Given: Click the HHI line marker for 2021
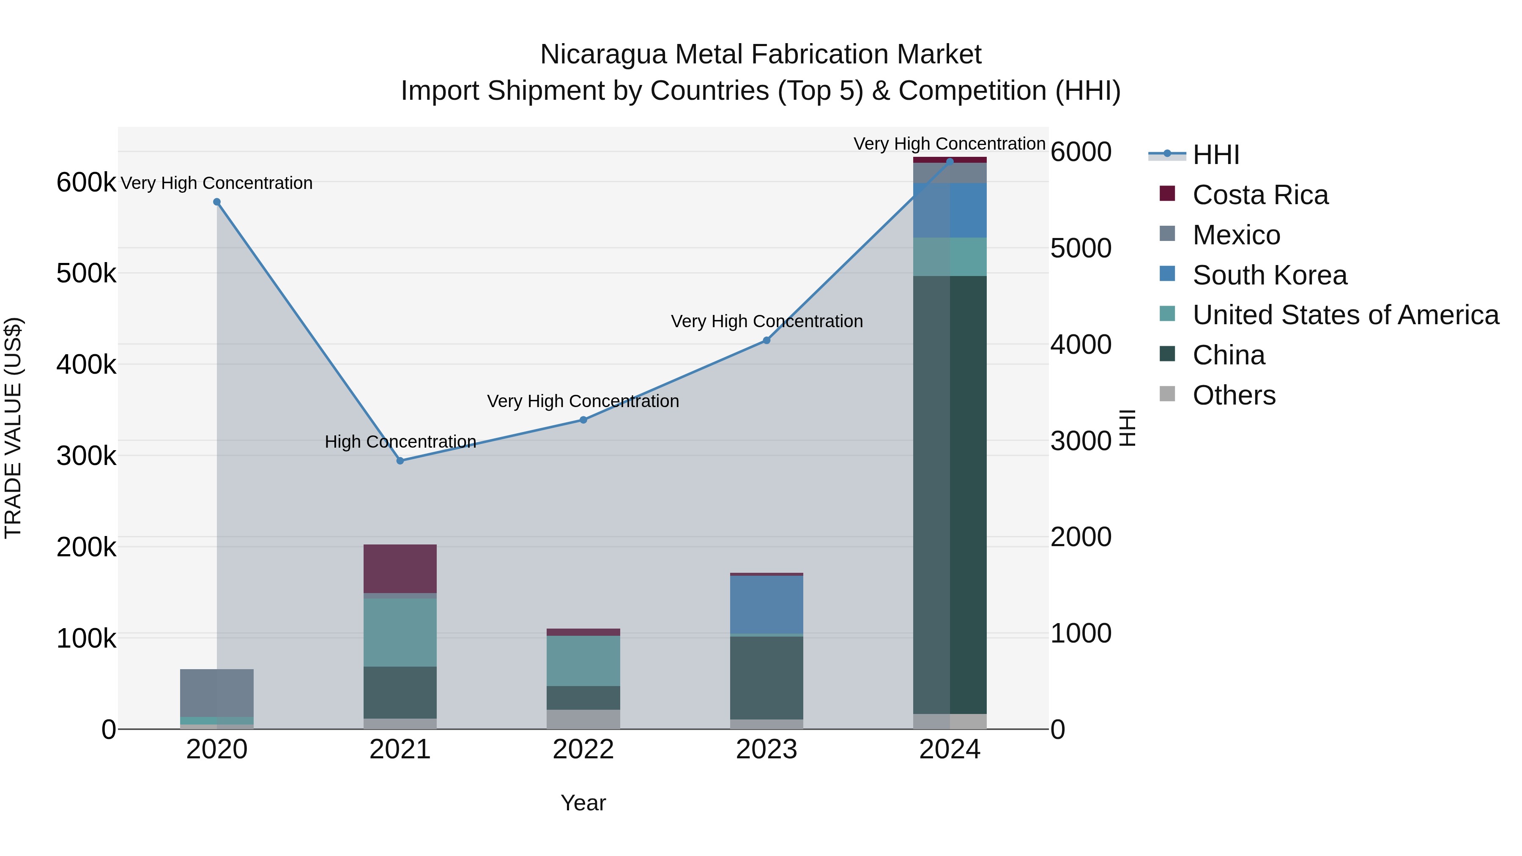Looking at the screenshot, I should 400,461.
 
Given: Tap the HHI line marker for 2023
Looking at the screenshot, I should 766,340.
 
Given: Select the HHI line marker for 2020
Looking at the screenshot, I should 217,202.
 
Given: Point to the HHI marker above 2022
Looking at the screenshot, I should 583,420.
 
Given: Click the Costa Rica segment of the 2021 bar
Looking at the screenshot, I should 400,568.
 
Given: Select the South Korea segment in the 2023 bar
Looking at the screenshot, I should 766,604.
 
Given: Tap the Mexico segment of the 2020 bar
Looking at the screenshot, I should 217,692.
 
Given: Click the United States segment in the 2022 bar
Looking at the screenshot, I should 583,660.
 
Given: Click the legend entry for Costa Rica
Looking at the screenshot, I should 1260,195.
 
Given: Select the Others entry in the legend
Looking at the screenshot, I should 1234,395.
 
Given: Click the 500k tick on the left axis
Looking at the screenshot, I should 86,273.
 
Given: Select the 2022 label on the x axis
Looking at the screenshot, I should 583,749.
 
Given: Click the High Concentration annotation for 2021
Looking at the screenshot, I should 400,442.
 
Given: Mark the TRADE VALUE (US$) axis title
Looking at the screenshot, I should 13,428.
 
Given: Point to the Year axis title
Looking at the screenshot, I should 583,803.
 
